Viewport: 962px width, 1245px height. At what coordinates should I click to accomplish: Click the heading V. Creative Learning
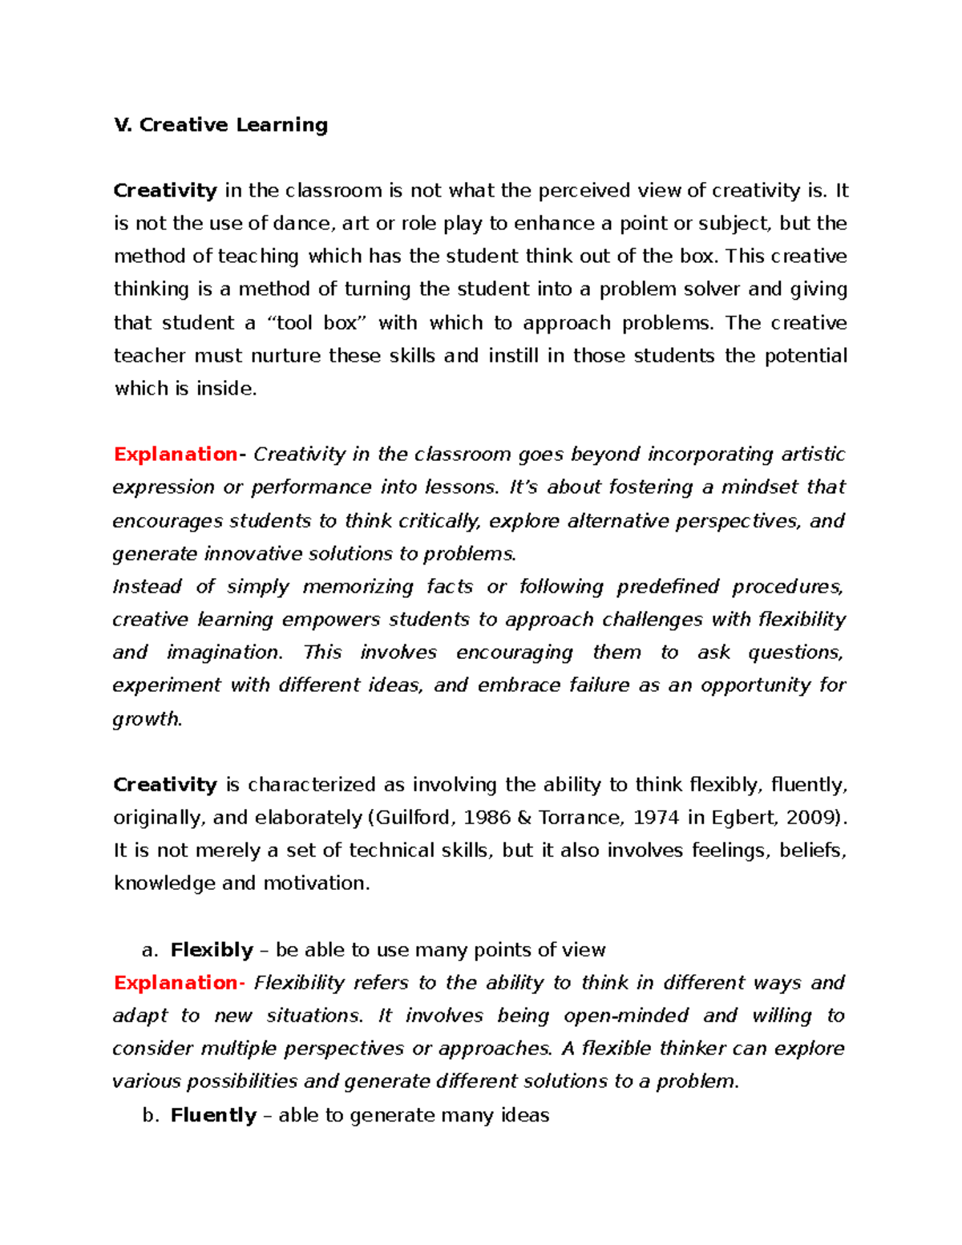pos(221,125)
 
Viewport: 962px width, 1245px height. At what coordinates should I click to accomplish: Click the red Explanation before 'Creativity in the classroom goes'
pos(176,455)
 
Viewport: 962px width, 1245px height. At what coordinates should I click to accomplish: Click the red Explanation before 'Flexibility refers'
pos(176,983)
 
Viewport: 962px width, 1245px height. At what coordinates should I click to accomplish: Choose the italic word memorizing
pos(358,587)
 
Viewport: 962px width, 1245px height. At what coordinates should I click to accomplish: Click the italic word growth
pos(147,719)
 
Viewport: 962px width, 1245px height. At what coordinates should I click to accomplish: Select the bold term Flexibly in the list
pos(212,950)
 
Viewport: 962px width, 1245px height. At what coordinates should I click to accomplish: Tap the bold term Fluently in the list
pos(213,1115)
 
